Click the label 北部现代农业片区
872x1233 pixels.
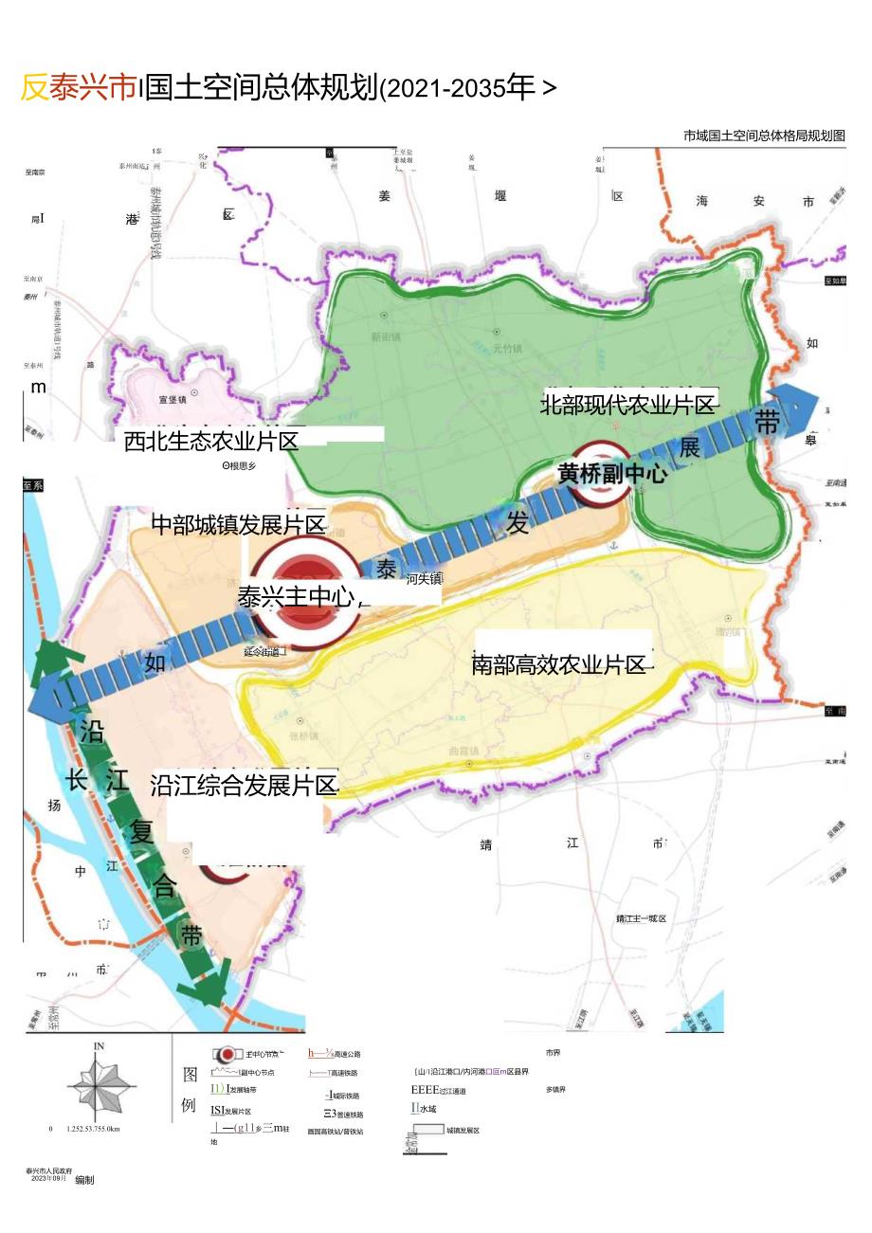pyautogui.click(x=627, y=405)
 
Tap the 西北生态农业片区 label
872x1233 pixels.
pyautogui.click(x=211, y=441)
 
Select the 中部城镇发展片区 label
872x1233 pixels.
pyautogui.click(x=239, y=524)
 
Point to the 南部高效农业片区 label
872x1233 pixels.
pyautogui.click(x=558, y=664)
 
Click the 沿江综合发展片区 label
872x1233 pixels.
pyautogui.click(x=244, y=785)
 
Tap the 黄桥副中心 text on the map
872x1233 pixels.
pyautogui.click(x=611, y=474)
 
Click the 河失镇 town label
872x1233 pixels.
pyautogui.click(x=424, y=579)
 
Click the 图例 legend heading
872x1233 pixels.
pyautogui.click(x=190, y=1089)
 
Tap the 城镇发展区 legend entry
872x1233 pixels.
pyautogui.click(x=463, y=1131)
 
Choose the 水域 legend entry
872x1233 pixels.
pyautogui.click(x=426, y=1108)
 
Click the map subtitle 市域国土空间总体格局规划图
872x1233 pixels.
pyautogui.click(x=764, y=136)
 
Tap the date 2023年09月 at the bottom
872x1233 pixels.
pyautogui.click(x=48, y=1178)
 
